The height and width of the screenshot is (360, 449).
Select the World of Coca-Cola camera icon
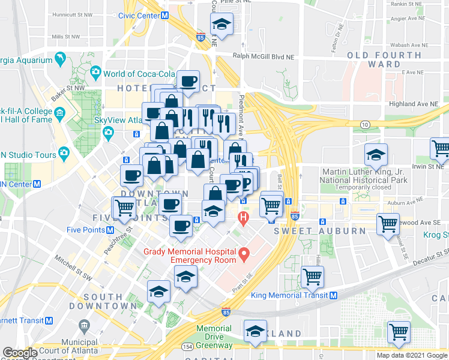[x=95, y=73]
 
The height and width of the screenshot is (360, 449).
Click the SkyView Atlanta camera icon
[x=108, y=132]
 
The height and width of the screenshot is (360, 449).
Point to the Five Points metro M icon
[x=110, y=230]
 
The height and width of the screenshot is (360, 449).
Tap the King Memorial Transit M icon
[x=333, y=295]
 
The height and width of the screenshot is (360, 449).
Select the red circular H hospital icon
[x=243, y=217]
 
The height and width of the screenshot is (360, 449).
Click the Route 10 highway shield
[x=364, y=124]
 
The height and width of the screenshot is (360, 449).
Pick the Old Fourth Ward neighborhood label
[x=373, y=59]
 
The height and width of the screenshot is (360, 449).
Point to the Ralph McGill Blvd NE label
[x=265, y=58]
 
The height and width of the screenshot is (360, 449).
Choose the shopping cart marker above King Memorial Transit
[x=313, y=277]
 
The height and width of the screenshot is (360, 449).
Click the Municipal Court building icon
[x=83, y=326]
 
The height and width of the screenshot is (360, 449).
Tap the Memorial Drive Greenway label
[x=214, y=337]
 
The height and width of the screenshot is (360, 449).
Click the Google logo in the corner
[x=20, y=353]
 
